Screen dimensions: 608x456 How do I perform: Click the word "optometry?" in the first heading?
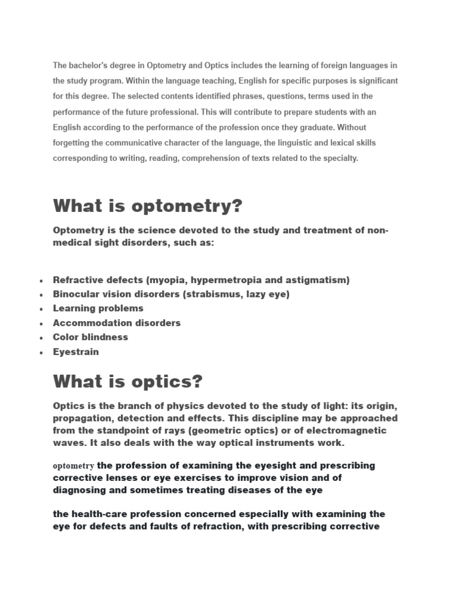click(x=187, y=207)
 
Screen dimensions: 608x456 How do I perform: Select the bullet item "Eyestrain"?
click(x=76, y=351)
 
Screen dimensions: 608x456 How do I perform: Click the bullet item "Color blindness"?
click(x=90, y=337)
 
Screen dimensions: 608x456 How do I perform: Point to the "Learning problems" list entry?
click(x=98, y=308)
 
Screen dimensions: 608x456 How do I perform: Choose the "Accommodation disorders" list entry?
click(x=116, y=323)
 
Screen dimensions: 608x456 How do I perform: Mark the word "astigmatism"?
click(x=316, y=280)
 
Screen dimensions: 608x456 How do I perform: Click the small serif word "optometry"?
click(x=74, y=466)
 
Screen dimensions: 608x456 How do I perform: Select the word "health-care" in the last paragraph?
click(x=98, y=514)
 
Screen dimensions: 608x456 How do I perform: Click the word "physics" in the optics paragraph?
click(x=167, y=405)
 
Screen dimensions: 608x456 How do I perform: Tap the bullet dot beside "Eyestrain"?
click(x=40, y=353)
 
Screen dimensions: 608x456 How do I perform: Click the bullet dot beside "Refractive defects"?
click(x=40, y=281)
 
